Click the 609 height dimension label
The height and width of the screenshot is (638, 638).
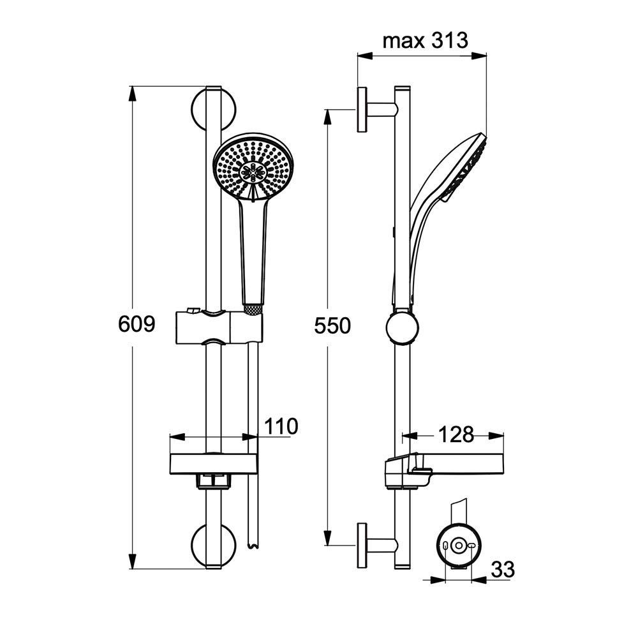(x=137, y=324)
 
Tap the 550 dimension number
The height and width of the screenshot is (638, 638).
(x=332, y=326)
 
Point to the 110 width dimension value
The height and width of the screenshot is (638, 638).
(x=281, y=426)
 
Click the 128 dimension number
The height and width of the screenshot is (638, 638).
(x=456, y=434)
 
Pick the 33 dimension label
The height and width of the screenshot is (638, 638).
(x=503, y=569)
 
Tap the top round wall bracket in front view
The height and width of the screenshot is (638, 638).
(x=214, y=109)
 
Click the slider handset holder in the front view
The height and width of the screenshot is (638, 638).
(x=219, y=327)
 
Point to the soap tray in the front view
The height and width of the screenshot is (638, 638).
(x=214, y=464)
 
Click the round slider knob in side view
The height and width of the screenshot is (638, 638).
(x=402, y=328)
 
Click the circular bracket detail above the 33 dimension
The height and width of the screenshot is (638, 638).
(x=459, y=545)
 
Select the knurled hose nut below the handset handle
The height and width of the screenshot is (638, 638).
(x=253, y=309)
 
